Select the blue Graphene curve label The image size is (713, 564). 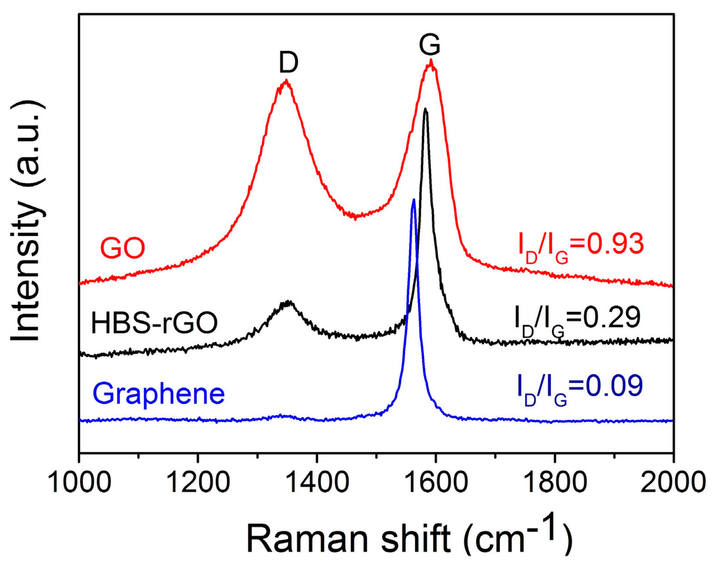(x=159, y=393)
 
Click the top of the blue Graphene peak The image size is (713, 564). (x=414, y=200)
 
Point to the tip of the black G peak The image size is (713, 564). (x=425, y=109)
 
